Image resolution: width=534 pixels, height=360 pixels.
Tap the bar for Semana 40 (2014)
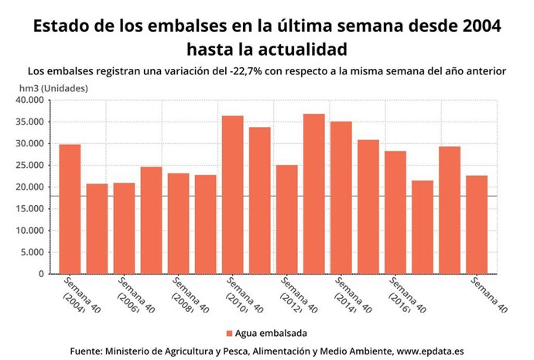[341, 197]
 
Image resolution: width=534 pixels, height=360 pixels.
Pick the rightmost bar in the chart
[476, 225]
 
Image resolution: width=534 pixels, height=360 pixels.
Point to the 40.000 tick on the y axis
[31, 100]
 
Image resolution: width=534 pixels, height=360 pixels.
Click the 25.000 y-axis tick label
[31, 165]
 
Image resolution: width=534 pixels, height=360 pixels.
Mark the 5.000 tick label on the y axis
[34, 252]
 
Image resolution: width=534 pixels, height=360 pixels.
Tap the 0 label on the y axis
[43, 274]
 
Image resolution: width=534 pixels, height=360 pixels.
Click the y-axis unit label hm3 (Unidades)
[53, 87]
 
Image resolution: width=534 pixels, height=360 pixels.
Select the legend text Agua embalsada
[271, 333]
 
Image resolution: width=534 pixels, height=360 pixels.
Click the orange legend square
[229, 333]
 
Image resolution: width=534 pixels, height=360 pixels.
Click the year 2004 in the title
[479, 25]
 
